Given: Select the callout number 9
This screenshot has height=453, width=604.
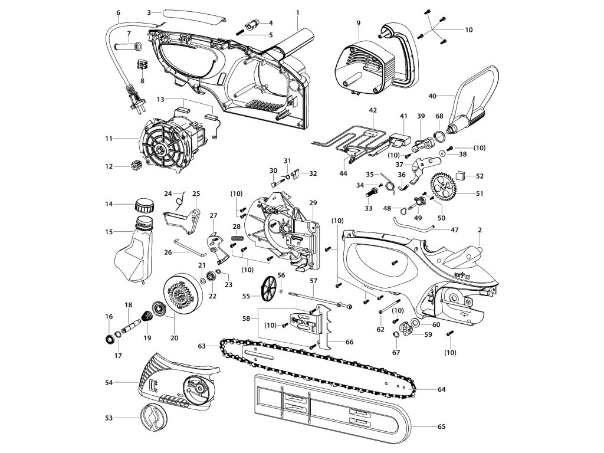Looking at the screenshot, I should [358, 22].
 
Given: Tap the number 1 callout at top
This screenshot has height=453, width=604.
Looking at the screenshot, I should [298, 12].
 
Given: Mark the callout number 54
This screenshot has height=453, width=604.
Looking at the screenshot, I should [108, 383].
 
